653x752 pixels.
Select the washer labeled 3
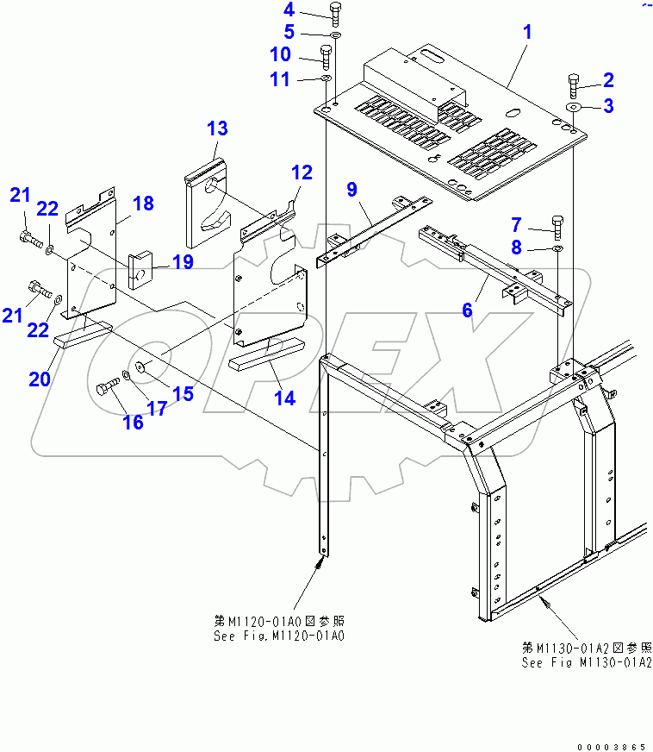coord(574,107)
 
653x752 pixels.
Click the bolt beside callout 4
coord(335,15)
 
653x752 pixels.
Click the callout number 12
coord(301,172)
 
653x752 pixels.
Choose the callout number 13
coord(217,128)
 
